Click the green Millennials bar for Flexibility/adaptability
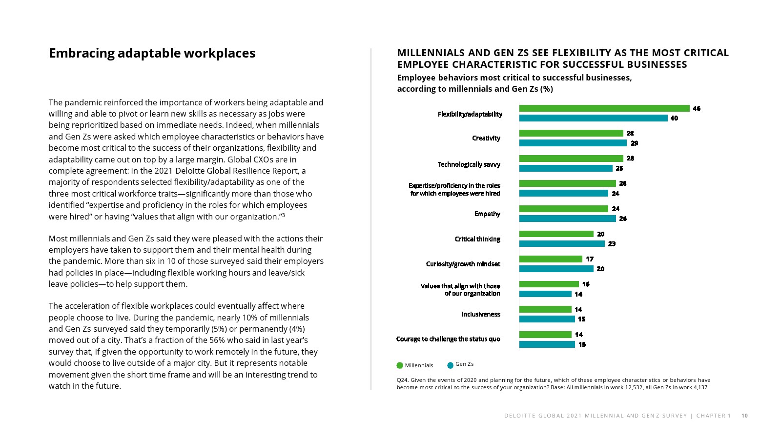[604, 108]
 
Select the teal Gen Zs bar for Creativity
[573, 143]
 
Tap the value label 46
[697, 108]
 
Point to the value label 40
[674, 118]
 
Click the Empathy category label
[487, 214]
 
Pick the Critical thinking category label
[477, 239]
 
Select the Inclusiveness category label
[481, 314]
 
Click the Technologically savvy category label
[469, 164]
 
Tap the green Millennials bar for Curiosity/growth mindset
[551, 259]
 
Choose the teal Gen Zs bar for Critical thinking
[562, 243]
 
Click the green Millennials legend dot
[400, 365]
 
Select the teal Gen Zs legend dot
[451, 365]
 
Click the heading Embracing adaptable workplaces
[152, 53]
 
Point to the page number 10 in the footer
[744, 416]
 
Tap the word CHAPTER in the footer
[711, 416]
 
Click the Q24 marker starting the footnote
[402, 380]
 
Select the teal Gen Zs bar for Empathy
[567, 219]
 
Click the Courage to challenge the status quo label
[448, 339]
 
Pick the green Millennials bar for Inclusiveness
[545, 309]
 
